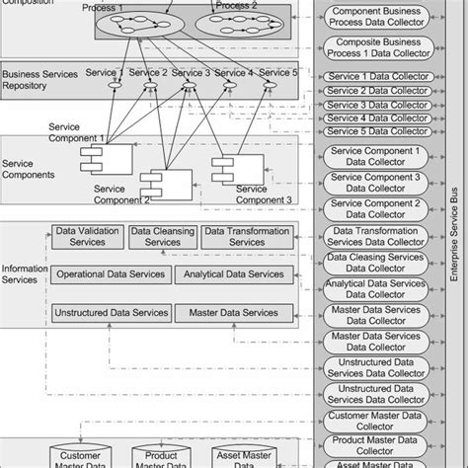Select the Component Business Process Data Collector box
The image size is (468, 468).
click(x=380, y=16)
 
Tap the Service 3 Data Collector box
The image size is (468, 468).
click(x=380, y=104)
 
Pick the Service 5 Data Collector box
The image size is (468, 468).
click(x=380, y=131)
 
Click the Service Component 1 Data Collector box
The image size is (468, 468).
click(x=380, y=156)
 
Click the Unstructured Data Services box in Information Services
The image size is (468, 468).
click(x=111, y=313)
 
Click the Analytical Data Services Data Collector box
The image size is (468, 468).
click(x=380, y=287)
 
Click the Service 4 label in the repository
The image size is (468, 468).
click(x=233, y=72)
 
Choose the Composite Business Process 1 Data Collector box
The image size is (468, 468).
click(x=380, y=47)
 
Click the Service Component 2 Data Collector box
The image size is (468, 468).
click(x=380, y=209)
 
